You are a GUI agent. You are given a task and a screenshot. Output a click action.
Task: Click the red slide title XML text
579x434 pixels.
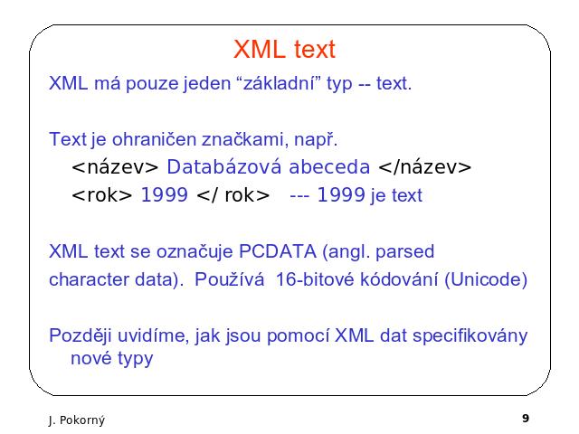[x=284, y=49]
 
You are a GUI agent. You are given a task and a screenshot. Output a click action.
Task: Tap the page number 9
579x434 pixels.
[x=526, y=418]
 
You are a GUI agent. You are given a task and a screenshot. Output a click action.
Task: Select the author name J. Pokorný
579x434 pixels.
[x=76, y=420]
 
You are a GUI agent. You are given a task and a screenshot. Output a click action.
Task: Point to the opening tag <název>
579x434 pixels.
[x=115, y=166]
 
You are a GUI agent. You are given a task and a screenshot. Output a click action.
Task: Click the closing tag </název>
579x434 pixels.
[x=424, y=166]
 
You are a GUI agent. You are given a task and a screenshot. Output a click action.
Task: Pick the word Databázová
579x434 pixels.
[x=224, y=166]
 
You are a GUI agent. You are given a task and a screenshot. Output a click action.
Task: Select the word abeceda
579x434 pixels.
[x=329, y=166]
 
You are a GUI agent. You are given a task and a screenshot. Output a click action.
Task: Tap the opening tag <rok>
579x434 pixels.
[x=101, y=195]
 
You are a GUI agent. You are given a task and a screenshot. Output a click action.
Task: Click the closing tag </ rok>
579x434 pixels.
[x=233, y=195]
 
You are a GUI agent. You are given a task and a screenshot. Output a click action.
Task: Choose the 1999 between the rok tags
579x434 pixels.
[x=165, y=194]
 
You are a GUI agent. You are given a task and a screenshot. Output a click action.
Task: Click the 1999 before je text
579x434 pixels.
[x=341, y=194]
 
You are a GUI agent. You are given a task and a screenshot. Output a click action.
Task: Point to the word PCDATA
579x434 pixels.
[x=278, y=251]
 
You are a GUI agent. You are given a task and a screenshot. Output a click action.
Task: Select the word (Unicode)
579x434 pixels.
[x=486, y=279]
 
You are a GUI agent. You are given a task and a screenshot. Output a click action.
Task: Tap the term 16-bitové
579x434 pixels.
[x=316, y=279]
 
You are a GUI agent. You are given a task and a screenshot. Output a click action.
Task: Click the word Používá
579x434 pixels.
[x=229, y=279]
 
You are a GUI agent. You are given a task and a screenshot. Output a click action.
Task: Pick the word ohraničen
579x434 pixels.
[x=154, y=139]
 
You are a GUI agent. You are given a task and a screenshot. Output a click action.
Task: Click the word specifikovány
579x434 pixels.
[x=470, y=335]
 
